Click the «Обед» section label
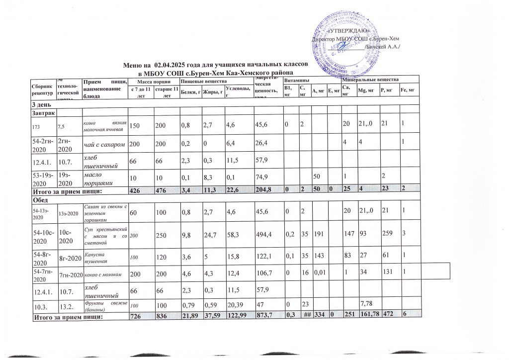41,199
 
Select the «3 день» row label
41,104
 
